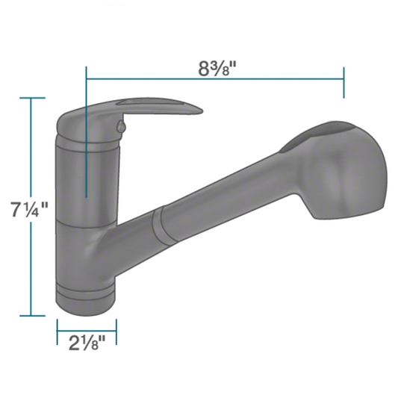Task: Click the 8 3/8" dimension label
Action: click(217, 69)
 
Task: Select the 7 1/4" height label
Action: click(29, 209)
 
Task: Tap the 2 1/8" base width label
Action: click(87, 343)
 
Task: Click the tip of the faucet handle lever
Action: click(202, 111)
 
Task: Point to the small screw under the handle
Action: click(121, 126)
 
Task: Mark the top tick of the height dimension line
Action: click(32, 98)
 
